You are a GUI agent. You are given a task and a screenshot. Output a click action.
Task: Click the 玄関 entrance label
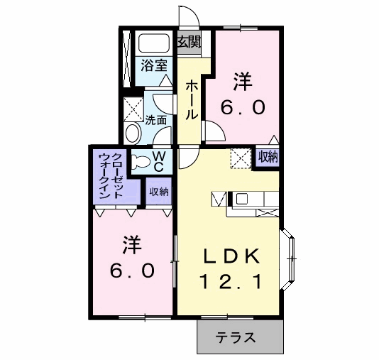(x=188, y=41)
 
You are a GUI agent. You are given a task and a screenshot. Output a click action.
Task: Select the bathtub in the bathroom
(x=153, y=43)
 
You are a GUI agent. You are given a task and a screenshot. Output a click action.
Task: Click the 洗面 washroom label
(x=156, y=120)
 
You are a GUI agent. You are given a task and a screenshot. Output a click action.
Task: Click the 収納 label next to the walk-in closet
(x=158, y=190)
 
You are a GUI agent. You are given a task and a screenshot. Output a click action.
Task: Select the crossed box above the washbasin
(x=132, y=109)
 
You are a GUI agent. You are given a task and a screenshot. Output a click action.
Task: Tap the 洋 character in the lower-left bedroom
(x=131, y=246)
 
